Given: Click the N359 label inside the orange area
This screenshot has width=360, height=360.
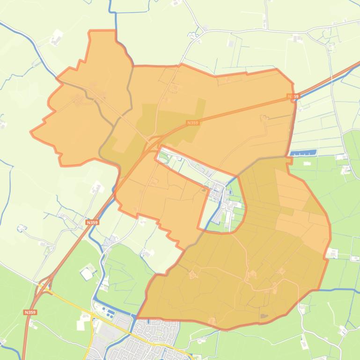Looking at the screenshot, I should point(192,123).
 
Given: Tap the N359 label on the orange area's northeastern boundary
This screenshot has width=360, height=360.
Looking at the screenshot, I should point(293,96).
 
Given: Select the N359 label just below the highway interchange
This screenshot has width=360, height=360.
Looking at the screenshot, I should point(29,312).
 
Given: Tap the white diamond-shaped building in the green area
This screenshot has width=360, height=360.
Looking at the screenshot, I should point(87,274).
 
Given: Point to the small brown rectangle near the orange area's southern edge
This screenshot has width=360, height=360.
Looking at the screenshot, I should point(264,316).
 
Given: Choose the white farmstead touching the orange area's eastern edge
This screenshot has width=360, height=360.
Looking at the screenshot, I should point(332,253).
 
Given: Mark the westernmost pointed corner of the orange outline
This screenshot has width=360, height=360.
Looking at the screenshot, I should point(31,132).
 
